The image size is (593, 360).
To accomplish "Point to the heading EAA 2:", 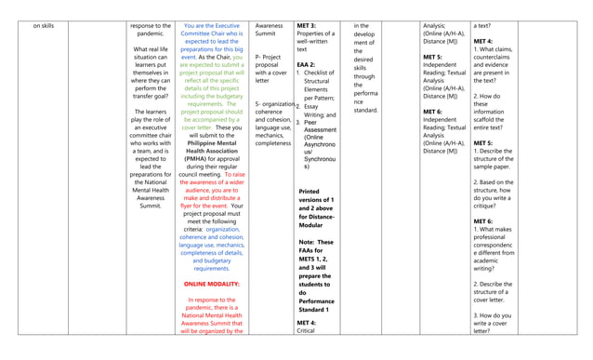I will (x=306, y=65).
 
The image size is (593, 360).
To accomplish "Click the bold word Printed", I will (x=310, y=192).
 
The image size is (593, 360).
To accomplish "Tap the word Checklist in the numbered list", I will (x=320, y=73).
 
